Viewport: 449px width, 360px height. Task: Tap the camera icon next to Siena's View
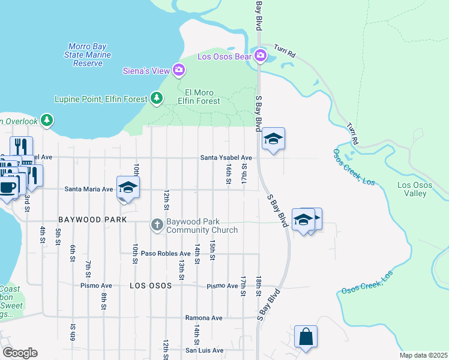(178, 71)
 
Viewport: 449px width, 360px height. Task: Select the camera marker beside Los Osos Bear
(260, 56)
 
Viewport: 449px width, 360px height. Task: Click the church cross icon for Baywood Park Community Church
(157, 225)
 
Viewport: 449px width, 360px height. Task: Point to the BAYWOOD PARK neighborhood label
(92, 220)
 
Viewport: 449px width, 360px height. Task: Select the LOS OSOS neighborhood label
(151, 286)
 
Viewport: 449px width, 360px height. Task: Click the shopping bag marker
(306, 337)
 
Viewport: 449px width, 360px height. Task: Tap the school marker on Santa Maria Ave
(128, 187)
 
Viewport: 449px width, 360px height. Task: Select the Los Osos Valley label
(415, 189)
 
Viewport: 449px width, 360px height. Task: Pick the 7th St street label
(88, 265)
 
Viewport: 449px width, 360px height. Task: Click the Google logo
(20, 352)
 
